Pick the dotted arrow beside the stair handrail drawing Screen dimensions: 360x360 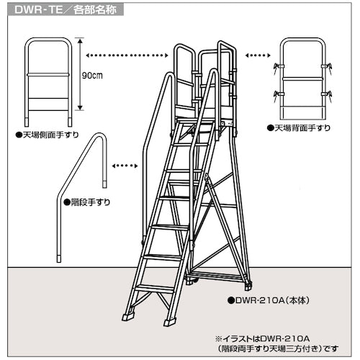125,166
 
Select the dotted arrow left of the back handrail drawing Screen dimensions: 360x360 258,54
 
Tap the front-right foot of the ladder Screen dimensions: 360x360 170,319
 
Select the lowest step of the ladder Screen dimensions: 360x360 154,288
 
